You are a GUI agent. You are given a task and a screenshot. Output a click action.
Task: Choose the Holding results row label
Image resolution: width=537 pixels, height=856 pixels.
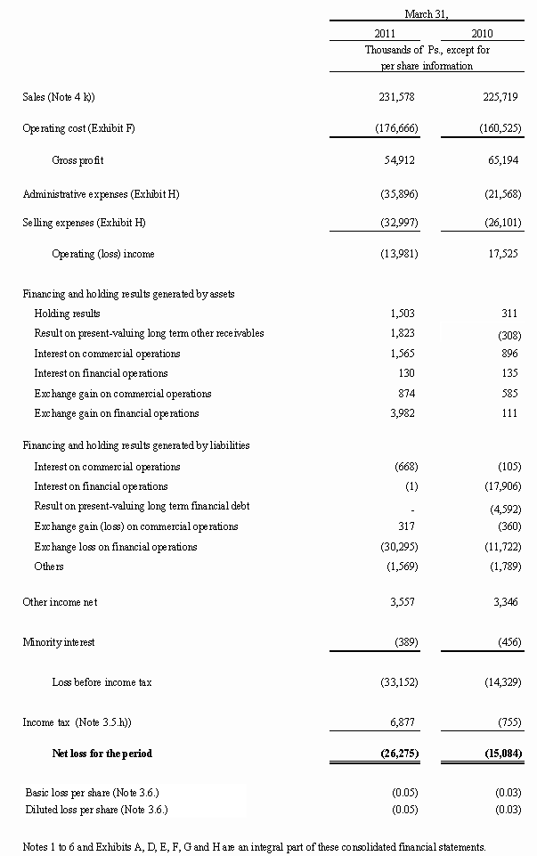pos(67,314)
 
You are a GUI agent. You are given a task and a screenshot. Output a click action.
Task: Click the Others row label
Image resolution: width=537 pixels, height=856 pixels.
pos(49,567)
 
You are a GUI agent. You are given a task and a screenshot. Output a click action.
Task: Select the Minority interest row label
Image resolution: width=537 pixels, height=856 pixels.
pos(59,641)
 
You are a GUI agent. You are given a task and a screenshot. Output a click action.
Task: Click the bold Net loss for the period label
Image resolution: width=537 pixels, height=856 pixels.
pos(102,754)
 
